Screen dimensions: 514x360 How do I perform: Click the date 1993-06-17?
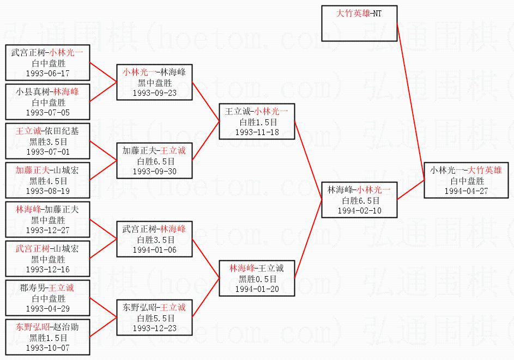point(48,74)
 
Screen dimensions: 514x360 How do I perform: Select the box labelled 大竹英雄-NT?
point(359,23)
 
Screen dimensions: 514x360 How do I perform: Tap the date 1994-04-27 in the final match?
point(466,191)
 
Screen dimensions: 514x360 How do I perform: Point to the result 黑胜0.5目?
point(257,279)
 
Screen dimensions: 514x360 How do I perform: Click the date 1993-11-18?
point(257,132)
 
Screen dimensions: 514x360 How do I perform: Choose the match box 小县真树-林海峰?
point(48,102)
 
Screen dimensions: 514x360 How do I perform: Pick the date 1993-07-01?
point(48,152)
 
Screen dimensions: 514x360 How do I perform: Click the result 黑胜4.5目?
point(48,181)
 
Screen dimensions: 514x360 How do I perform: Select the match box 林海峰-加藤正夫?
point(48,219)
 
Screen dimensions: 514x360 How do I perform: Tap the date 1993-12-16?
point(48,270)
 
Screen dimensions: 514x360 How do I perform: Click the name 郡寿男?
point(33,288)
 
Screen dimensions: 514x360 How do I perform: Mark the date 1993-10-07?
point(48,348)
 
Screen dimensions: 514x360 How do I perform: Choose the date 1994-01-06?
point(154,250)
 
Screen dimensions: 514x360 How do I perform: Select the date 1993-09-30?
point(154,172)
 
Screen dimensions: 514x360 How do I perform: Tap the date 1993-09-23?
point(154,93)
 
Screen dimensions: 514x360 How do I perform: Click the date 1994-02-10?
point(360,211)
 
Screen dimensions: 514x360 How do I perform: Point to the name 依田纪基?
point(66,131)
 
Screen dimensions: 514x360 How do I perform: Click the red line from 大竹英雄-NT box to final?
point(411,101)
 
